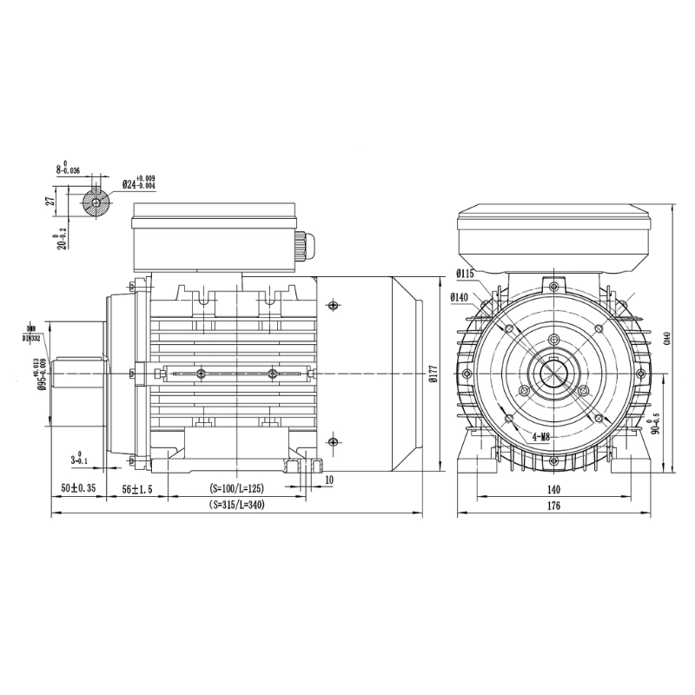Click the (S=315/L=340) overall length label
(x=236, y=506)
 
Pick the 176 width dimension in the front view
(x=553, y=506)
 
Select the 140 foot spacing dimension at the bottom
(x=553, y=490)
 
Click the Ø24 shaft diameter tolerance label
(x=138, y=184)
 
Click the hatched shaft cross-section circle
(x=95, y=203)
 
